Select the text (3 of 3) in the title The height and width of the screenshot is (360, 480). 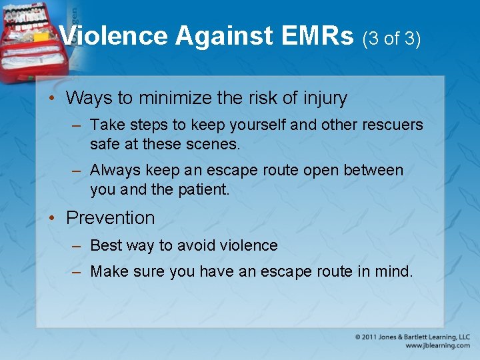click(391, 39)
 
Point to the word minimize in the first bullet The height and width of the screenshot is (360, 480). click(175, 98)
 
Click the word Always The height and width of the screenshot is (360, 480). click(113, 171)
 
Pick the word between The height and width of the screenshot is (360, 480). click(373, 170)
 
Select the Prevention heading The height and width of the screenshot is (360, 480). click(110, 218)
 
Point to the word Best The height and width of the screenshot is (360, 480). click(105, 245)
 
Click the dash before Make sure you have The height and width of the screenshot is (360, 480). click(77, 272)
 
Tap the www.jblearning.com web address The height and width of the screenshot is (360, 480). click(437, 346)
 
